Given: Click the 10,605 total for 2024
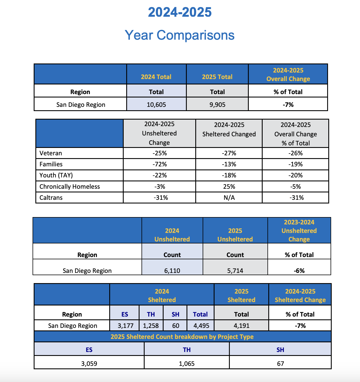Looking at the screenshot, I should [156, 105].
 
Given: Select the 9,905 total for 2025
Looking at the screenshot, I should [217, 105].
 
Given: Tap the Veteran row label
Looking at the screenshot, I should [51, 153].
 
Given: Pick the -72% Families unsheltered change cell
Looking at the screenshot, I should [160, 164].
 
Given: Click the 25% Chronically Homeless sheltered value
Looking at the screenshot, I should [229, 186].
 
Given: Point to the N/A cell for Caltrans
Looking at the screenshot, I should [229, 198].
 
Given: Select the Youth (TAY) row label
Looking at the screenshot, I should [56, 175].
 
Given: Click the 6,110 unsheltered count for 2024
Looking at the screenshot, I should [172, 271].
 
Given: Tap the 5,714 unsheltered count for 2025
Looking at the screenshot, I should [235, 271].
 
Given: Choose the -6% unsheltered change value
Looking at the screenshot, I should [299, 271].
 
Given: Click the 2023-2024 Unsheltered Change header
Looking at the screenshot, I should [299, 231].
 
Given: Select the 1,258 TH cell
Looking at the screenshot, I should [151, 326].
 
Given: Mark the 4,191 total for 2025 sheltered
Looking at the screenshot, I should [241, 326].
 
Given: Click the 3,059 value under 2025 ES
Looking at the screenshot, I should [89, 364].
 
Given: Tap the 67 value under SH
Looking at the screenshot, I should [280, 364].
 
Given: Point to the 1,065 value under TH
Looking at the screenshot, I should [187, 364].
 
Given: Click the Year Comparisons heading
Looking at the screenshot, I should [180, 35].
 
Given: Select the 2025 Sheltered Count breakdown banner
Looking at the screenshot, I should [182, 337].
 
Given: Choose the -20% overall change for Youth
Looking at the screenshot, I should [295, 175].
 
